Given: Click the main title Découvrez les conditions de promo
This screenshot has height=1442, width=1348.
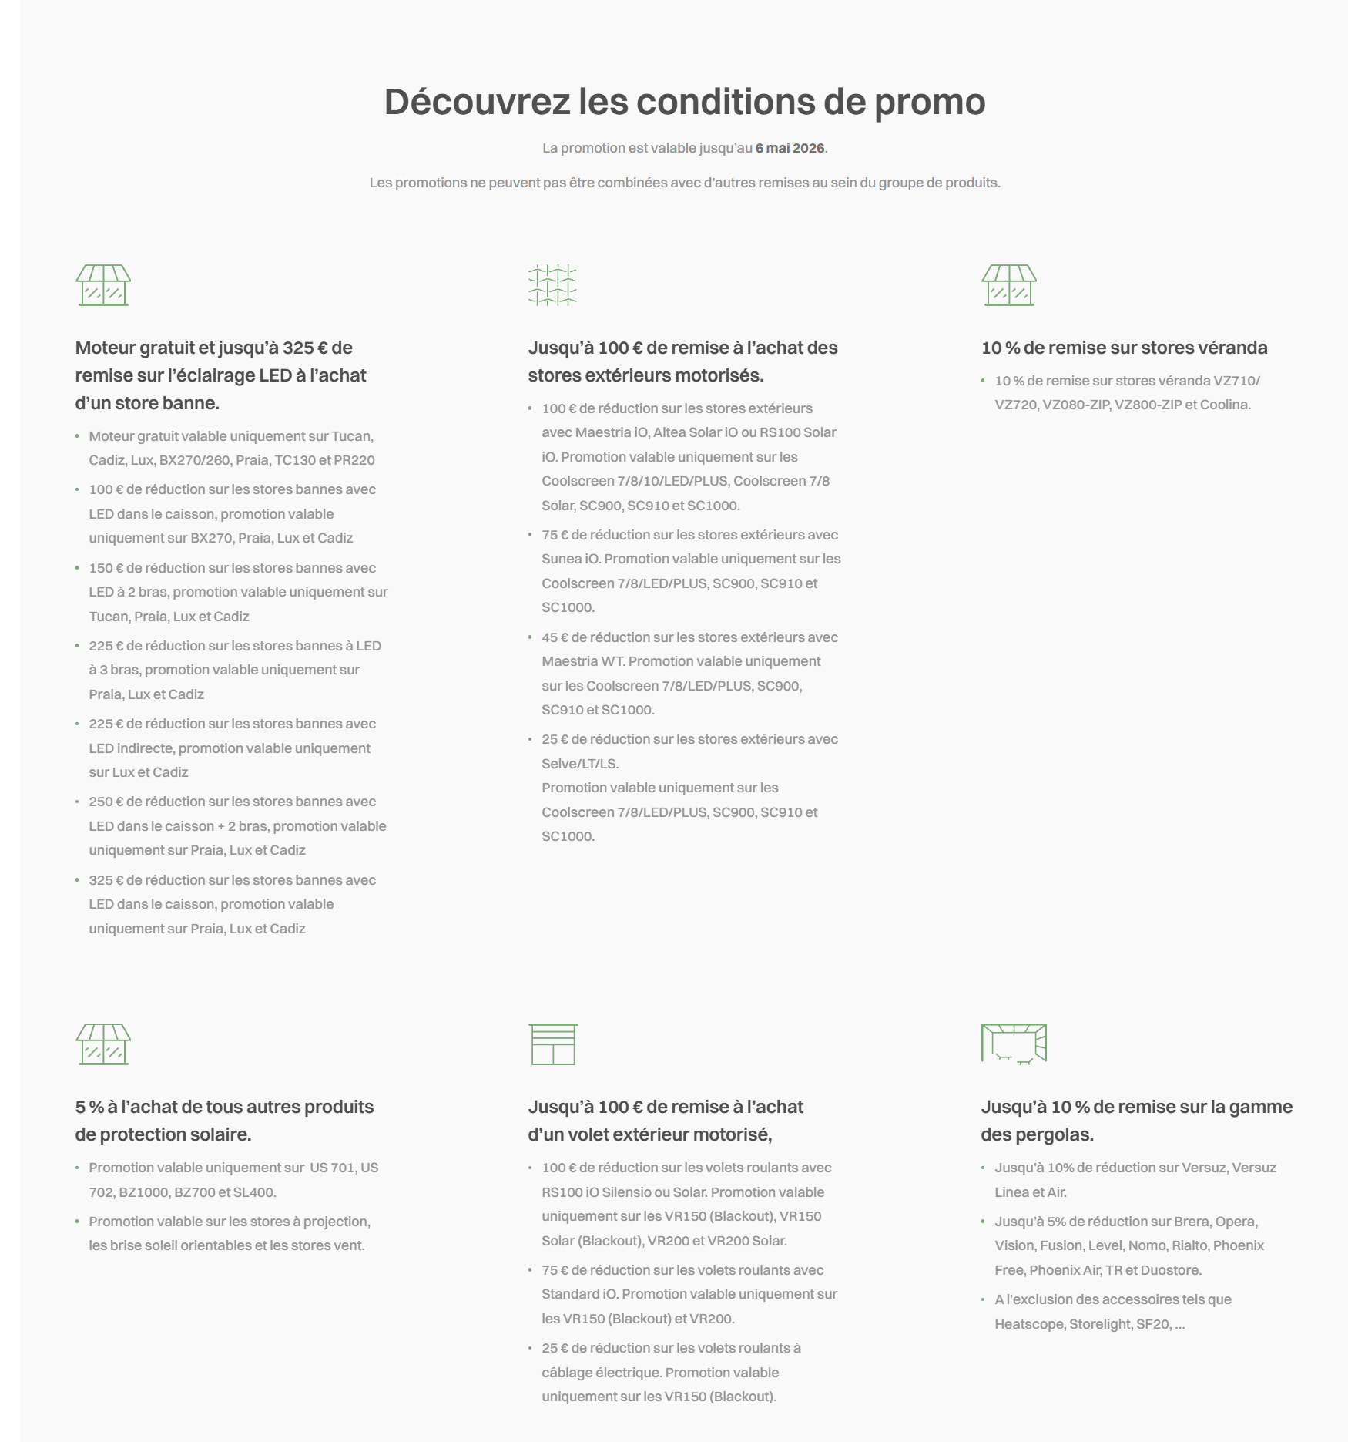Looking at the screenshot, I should tap(685, 102).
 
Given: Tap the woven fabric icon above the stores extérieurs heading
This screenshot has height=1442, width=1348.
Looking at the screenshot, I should tap(552, 285).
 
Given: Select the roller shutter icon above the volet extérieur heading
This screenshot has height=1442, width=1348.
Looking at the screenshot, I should tap(552, 1044).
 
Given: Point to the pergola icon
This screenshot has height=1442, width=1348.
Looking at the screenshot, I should tap(1014, 1044).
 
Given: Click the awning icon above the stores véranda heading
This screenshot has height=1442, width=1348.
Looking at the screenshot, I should tap(1008, 285).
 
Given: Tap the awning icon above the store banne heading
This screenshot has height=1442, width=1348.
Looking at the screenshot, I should tap(103, 285).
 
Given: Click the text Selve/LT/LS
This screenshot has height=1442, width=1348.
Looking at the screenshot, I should tap(580, 764).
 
